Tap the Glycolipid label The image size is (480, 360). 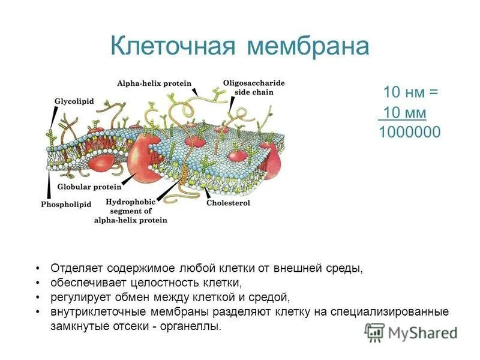pos(74,102)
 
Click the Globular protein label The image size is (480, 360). pos(89,186)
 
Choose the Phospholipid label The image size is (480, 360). pos(66,204)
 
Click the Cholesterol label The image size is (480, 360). pos(228,203)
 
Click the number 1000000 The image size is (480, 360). pos(409,132)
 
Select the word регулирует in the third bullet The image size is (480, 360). pos(77,298)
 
